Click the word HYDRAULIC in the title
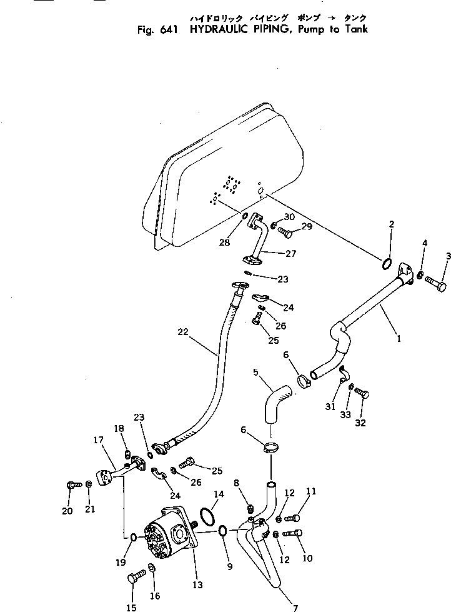tap(212, 29)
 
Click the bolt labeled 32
tap(362, 393)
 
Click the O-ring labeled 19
tap(134, 536)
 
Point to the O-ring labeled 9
tap(222, 531)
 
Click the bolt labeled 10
tap(292, 534)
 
